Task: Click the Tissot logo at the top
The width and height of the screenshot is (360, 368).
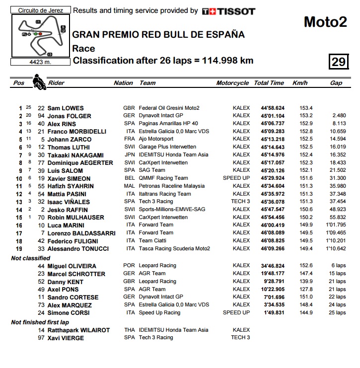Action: click(228, 11)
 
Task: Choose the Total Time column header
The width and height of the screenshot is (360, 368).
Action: click(269, 83)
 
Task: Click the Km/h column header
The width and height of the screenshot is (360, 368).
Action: click(300, 83)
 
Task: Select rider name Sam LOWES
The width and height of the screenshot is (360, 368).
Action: click(66, 108)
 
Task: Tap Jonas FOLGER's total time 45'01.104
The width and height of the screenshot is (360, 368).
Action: click(273, 116)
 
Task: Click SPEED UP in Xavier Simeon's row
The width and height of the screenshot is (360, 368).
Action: click(236, 178)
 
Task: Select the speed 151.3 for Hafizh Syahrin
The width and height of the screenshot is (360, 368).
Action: click(306, 186)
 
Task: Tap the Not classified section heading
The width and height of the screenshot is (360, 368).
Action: click(30, 258)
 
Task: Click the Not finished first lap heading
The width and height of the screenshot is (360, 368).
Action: click(43, 322)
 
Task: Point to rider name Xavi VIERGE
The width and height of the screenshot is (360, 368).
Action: click(66, 338)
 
